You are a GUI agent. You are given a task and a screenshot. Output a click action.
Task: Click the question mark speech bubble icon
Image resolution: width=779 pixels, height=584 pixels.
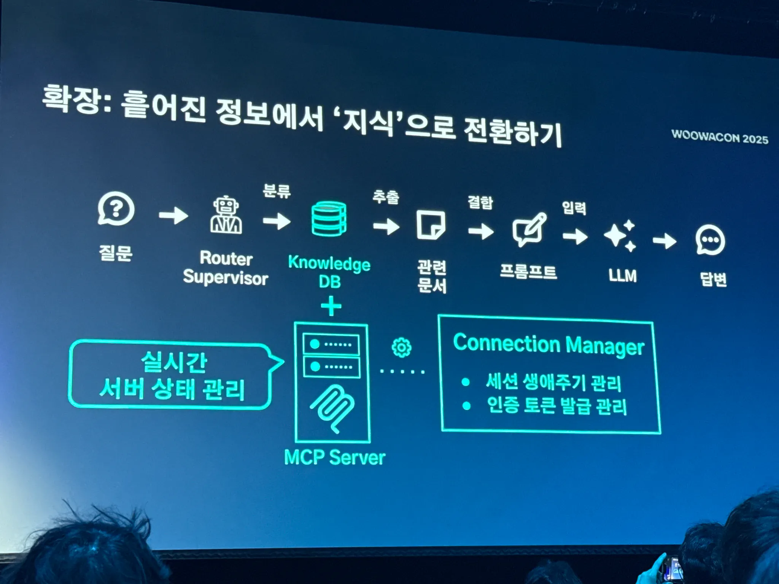[116, 209]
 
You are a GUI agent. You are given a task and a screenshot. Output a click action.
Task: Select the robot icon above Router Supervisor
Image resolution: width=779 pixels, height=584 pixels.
[226, 215]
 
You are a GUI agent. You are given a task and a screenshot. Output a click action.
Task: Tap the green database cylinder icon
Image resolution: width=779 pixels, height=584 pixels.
[329, 219]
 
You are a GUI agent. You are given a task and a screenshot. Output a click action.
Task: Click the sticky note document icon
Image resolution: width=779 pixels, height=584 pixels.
[431, 225]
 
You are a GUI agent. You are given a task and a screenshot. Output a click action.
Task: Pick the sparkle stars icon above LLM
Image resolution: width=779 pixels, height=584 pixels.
[620, 236]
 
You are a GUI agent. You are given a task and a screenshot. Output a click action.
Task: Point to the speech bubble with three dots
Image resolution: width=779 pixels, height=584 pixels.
[710, 240]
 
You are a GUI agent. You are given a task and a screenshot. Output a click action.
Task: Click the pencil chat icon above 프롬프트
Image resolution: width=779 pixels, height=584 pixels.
[529, 230]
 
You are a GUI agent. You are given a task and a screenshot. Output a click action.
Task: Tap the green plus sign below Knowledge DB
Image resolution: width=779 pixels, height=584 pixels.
[331, 306]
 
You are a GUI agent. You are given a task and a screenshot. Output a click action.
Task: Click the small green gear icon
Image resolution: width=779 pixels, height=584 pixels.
[401, 347]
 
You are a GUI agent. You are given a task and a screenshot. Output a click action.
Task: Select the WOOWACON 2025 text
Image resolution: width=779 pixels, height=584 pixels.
[720, 137]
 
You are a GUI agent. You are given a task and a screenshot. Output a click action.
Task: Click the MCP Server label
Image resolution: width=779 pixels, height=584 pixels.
[334, 457]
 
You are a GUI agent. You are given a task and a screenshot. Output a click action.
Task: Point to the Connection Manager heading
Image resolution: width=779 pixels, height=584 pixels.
[548, 345]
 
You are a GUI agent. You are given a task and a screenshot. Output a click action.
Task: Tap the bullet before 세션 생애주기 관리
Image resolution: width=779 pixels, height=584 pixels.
[466, 382]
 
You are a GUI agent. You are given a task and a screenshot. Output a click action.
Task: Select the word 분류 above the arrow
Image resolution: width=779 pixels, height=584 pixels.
[277, 191]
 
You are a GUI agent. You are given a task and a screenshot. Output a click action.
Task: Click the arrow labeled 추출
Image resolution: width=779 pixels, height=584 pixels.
[386, 227]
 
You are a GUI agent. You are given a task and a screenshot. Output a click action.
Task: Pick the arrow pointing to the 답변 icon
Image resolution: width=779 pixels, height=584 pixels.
[665, 241]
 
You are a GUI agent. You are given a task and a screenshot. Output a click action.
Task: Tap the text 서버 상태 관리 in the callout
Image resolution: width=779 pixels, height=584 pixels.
[172, 389]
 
